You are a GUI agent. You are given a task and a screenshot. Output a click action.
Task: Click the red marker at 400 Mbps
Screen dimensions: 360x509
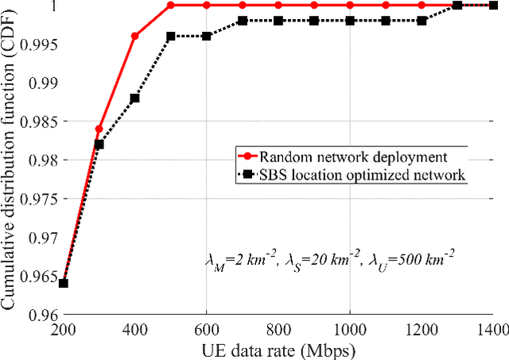(135, 36)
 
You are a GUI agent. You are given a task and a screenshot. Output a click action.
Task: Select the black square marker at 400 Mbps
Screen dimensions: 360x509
(135, 98)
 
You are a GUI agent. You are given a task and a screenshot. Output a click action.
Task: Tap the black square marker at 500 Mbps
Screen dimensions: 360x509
(171, 36)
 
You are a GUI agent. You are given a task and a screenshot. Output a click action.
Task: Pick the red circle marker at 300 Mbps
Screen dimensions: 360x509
(99, 129)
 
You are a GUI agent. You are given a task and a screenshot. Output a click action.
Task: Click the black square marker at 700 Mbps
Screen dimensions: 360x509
(243, 21)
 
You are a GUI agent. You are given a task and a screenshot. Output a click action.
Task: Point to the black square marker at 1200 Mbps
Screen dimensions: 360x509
(422, 21)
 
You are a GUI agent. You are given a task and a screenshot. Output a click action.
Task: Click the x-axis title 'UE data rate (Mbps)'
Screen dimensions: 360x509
(278, 350)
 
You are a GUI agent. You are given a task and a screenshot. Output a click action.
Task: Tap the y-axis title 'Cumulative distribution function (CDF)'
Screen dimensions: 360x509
(11, 159)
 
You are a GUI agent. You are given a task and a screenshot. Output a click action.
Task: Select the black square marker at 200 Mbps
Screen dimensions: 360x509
(64, 284)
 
